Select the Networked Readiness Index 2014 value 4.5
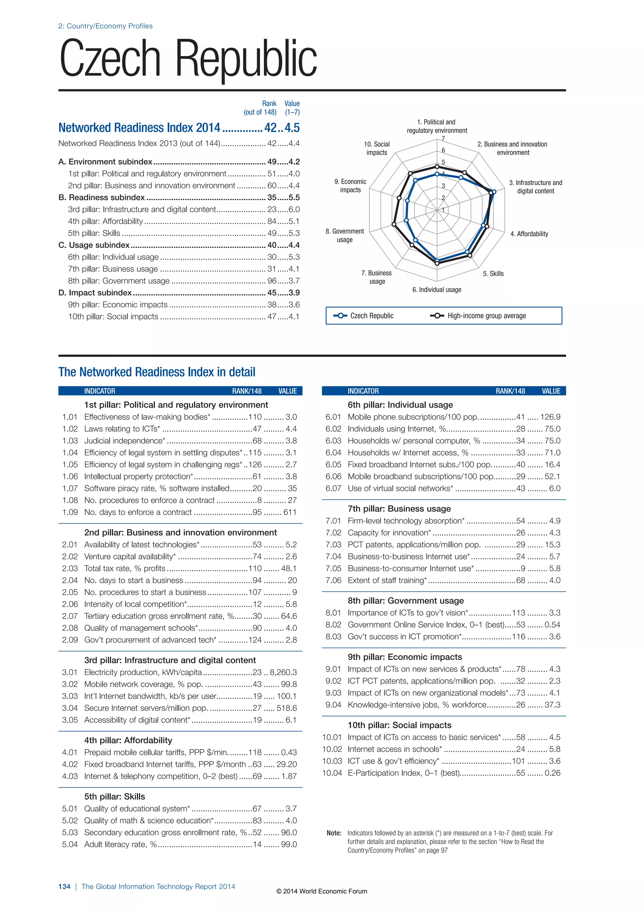(292, 128)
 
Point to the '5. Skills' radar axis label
(493, 274)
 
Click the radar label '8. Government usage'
(345, 235)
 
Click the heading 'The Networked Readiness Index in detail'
(157, 372)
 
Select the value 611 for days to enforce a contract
(290, 512)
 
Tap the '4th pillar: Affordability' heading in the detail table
(128, 741)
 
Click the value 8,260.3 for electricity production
(283, 672)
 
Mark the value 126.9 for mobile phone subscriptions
(550, 417)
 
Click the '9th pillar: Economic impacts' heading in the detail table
(405, 657)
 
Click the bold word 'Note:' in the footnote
(334, 833)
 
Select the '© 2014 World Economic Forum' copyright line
(322, 891)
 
